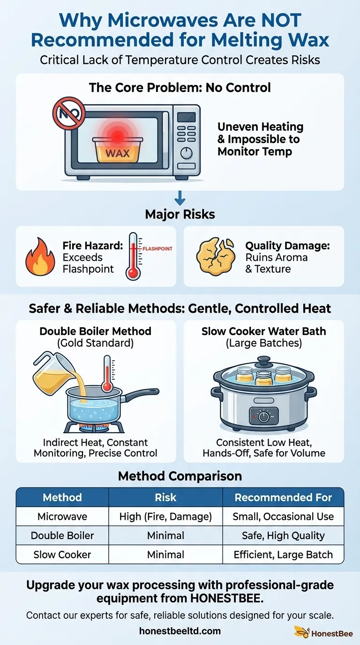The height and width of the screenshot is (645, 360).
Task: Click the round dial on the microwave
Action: (x=187, y=153)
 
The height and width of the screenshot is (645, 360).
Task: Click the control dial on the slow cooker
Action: (x=263, y=416)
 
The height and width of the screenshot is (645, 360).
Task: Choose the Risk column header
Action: (x=165, y=497)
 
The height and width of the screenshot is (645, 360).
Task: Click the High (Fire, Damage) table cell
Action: (x=165, y=517)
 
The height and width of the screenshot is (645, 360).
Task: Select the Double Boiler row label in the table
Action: (x=62, y=535)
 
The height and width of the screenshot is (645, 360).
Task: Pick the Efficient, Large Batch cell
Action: (x=283, y=555)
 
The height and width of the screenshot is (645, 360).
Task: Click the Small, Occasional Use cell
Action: (x=283, y=517)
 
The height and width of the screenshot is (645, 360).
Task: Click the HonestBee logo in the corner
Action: (x=322, y=633)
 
